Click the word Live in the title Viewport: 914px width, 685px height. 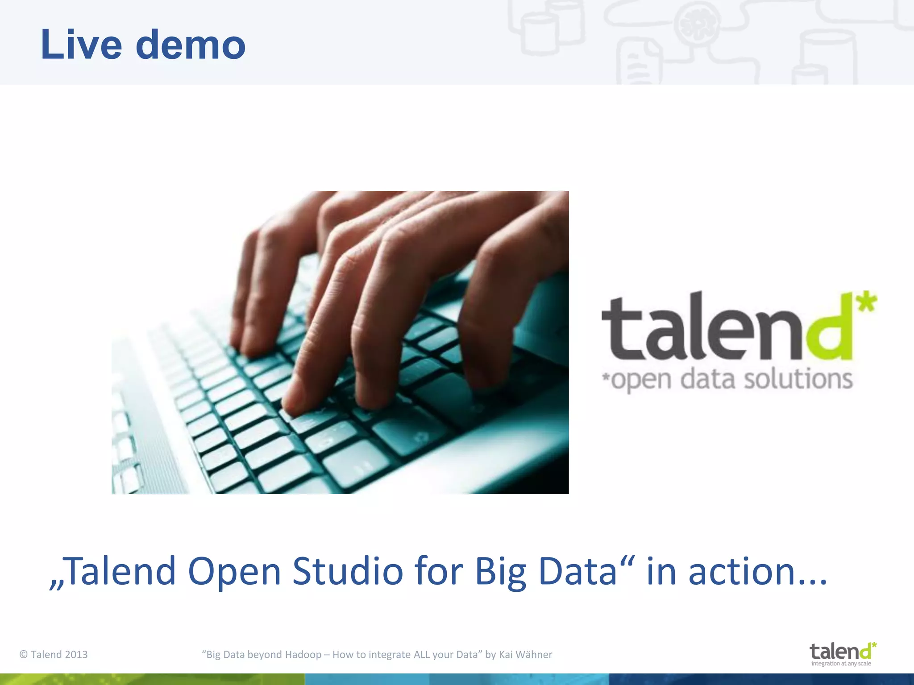click(x=81, y=45)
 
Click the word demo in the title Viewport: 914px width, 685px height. click(x=191, y=45)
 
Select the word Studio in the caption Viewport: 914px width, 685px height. click(x=347, y=571)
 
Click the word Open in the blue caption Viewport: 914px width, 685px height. click(x=234, y=572)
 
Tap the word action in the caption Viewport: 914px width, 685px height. click(x=741, y=571)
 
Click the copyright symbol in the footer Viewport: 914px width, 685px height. click(x=24, y=655)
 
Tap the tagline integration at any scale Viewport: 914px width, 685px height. click(x=841, y=664)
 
